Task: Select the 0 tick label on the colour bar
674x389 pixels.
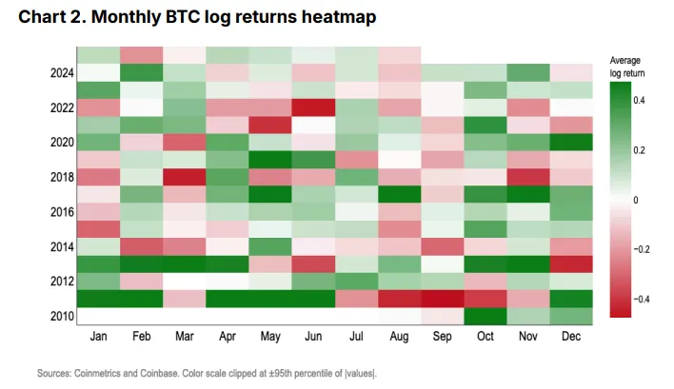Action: click(636, 200)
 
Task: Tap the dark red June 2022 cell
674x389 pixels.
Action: click(304, 107)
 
